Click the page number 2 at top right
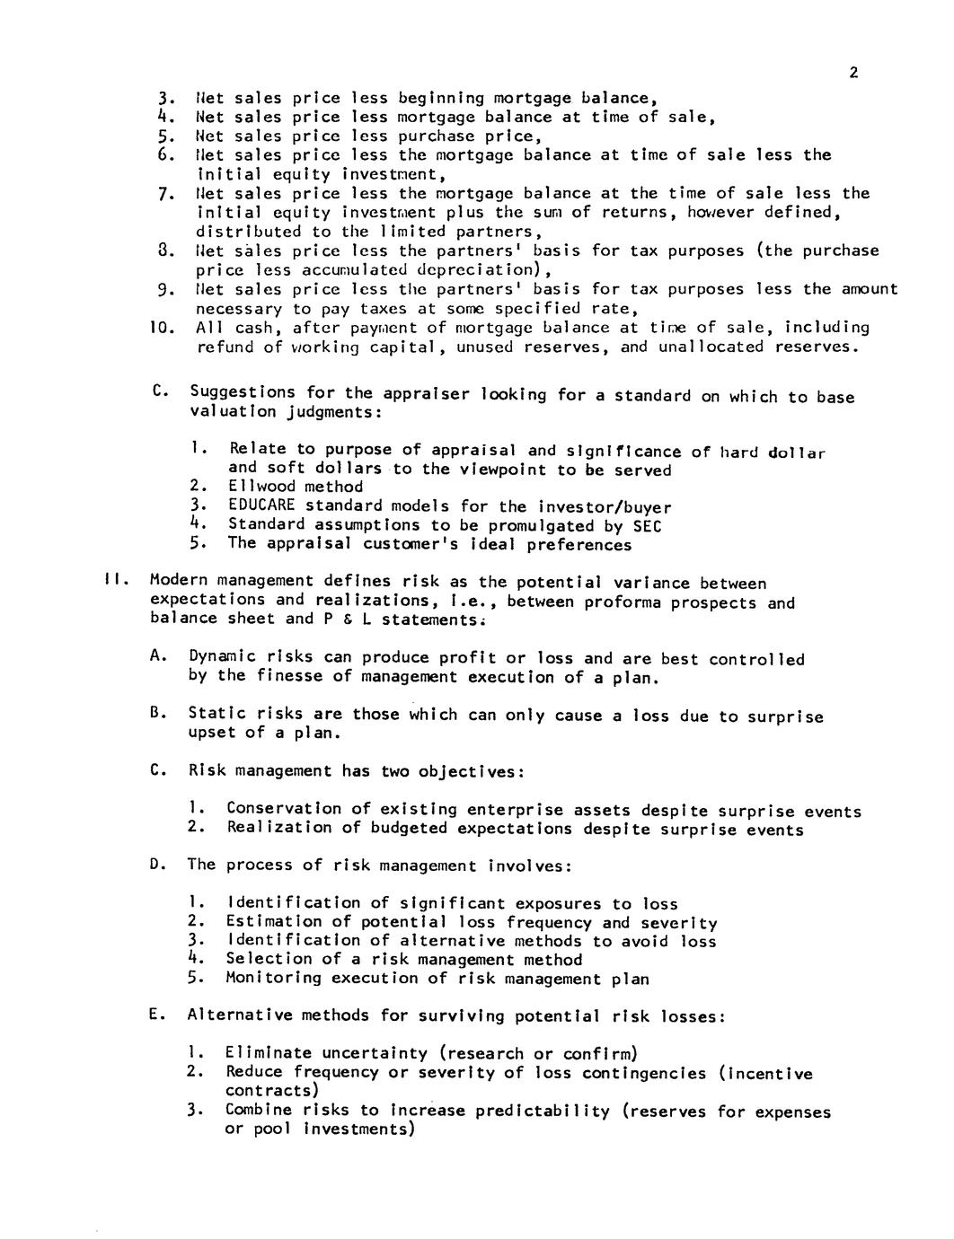click(x=853, y=74)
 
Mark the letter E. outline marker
click(x=156, y=1015)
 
